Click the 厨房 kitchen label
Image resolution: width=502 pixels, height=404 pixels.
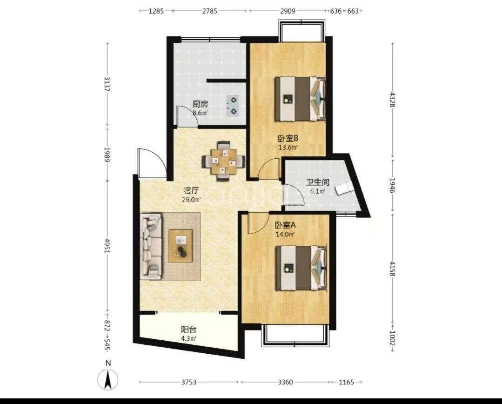click(x=200, y=104)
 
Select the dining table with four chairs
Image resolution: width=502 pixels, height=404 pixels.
click(x=223, y=161)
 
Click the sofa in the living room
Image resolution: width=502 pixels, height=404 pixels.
click(x=151, y=246)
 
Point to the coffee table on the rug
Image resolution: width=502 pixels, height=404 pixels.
click(x=181, y=246)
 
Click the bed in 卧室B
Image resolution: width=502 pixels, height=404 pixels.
click(x=300, y=99)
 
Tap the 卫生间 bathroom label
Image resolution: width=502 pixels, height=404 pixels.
click(x=318, y=182)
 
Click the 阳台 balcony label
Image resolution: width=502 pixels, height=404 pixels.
click(x=188, y=330)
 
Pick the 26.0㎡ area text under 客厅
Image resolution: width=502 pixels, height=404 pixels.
click(x=192, y=200)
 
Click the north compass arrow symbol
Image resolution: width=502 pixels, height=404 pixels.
click(x=108, y=379)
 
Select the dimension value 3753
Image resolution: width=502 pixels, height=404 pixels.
click(x=189, y=382)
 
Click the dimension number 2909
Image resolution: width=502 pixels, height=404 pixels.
click(x=288, y=11)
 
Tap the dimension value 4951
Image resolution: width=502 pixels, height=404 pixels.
click(x=107, y=246)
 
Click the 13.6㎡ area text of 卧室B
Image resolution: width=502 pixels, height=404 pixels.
click(x=288, y=148)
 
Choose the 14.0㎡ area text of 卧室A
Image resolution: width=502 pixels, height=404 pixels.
click(x=285, y=234)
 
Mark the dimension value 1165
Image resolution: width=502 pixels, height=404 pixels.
click(x=347, y=382)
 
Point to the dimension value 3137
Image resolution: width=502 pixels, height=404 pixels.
click(x=107, y=84)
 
